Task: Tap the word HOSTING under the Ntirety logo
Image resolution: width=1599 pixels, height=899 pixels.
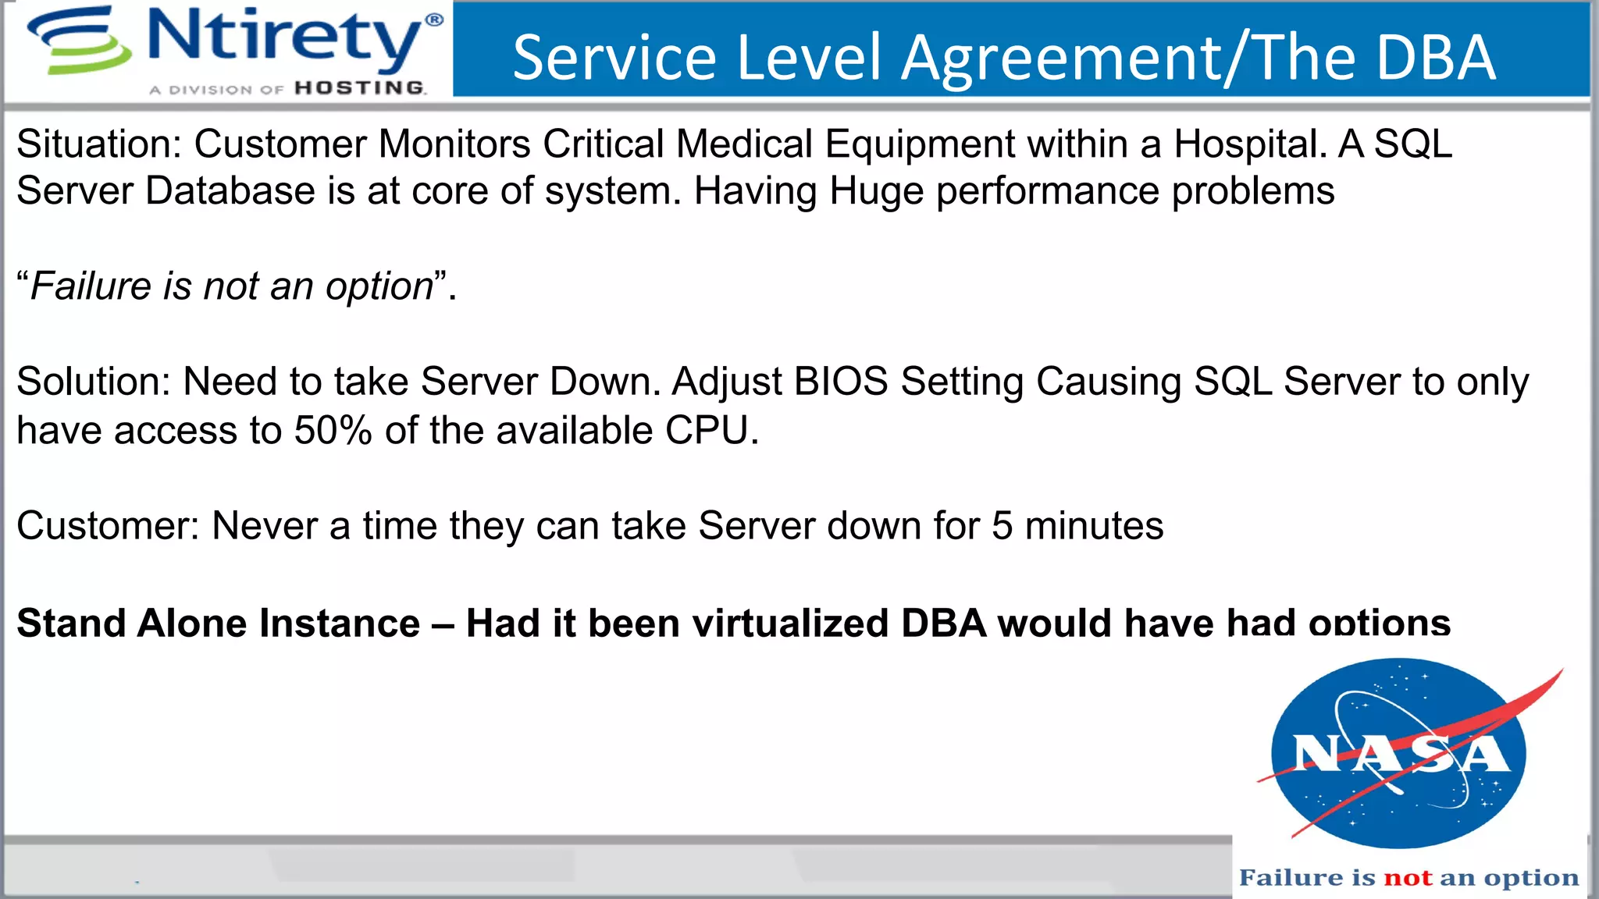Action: (360, 88)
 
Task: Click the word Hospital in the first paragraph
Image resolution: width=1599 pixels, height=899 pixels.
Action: (1249, 144)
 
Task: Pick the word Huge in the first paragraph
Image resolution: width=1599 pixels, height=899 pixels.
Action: (876, 192)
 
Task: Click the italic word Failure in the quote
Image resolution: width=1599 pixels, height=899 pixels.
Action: (91, 286)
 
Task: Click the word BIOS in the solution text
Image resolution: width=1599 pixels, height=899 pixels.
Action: (841, 382)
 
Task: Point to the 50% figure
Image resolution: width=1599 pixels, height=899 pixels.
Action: (333, 431)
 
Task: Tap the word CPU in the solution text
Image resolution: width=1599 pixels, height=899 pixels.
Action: (707, 431)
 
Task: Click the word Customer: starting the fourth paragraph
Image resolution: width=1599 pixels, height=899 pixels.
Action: (109, 526)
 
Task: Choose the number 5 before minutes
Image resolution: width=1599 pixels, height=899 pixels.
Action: (1002, 526)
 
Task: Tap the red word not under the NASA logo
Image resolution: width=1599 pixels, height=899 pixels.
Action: (1408, 878)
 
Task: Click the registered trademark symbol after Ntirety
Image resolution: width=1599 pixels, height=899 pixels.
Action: (434, 20)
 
